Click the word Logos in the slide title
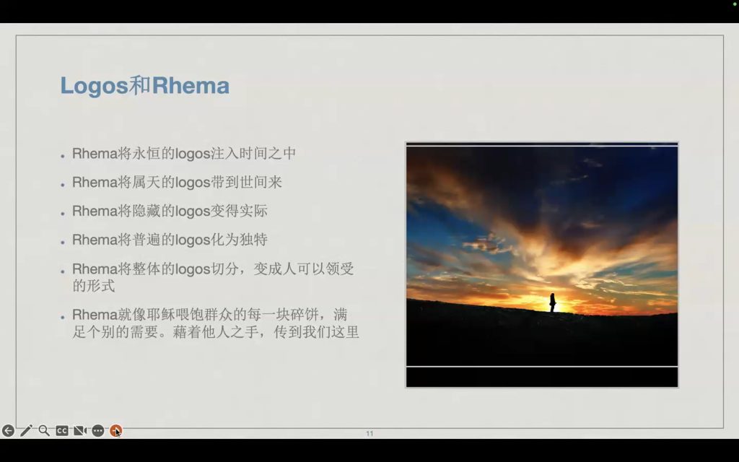click(x=95, y=86)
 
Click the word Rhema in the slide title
click(x=191, y=85)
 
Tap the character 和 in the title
click(x=140, y=85)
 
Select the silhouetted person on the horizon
click(x=552, y=302)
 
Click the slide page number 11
click(x=369, y=434)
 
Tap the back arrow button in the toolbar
click(x=8, y=430)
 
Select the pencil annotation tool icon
click(x=26, y=430)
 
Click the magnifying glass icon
click(x=44, y=430)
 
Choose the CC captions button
click(x=62, y=430)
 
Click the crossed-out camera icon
click(x=79, y=430)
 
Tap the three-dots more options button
click(x=97, y=430)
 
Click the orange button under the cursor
click(x=115, y=430)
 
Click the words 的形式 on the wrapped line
click(x=93, y=286)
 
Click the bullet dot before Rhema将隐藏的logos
click(x=63, y=213)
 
